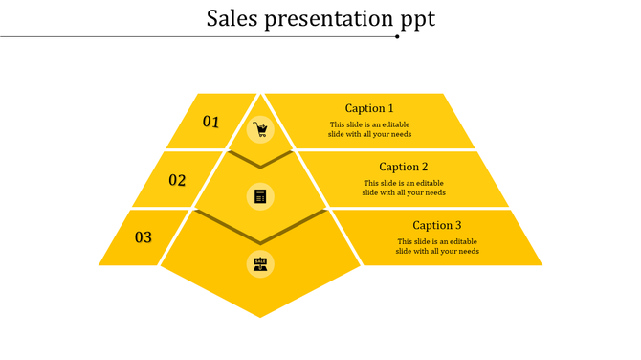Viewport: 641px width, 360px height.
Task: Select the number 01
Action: (x=210, y=122)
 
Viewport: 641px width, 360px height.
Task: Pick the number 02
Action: (x=177, y=180)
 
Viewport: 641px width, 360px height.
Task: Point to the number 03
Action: (x=143, y=237)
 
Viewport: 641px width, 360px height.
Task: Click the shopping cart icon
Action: (x=260, y=129)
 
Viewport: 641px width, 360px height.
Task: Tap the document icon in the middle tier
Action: (x=260, y=196)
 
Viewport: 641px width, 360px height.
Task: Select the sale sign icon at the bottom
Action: (x=260, y=263)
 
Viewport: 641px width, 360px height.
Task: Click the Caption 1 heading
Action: (x=369, y=108)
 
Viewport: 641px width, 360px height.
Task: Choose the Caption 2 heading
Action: (x=404, y=167)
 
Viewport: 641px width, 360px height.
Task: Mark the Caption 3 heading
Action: (x=437, y=226)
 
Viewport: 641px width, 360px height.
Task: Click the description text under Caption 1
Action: (x=369, y=129)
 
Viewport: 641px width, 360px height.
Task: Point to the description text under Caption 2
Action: (x=404, y=188)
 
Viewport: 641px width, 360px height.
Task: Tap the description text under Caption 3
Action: (x=437, y=246)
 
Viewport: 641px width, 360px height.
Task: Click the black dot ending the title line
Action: (x=398, y=36)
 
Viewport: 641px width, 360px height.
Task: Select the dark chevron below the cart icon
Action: (x=260, y=161)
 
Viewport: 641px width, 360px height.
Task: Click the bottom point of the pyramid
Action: (x=260, y=313)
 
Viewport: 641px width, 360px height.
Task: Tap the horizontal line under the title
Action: (x=191, y=36)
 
